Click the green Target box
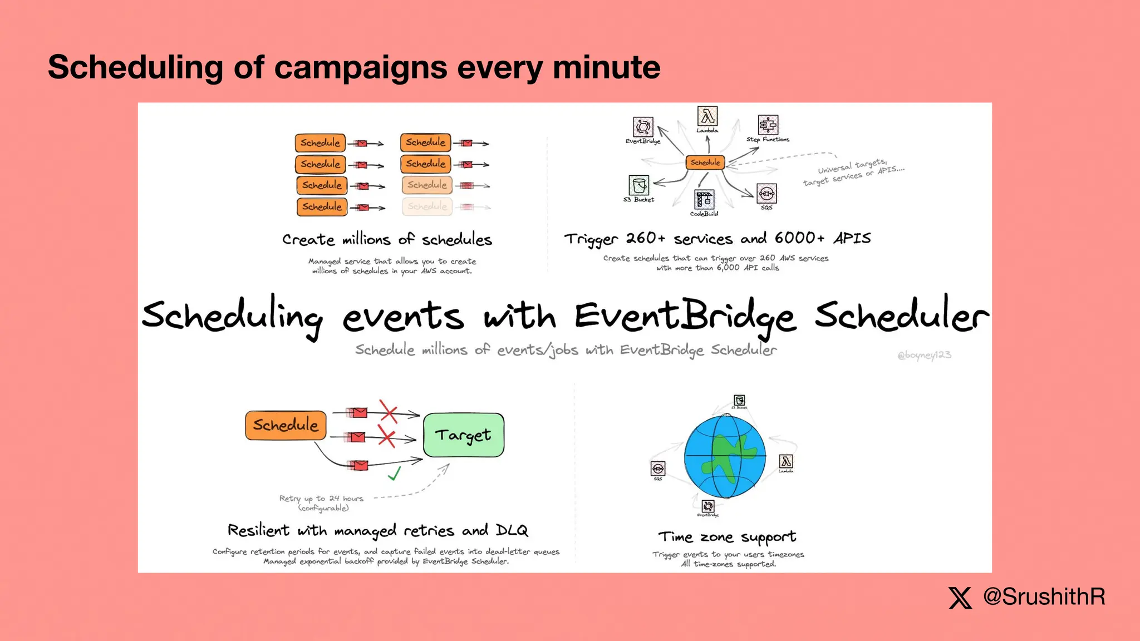tap(464, 435)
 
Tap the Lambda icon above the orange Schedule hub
tap(707, 117)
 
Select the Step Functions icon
tap(768, 125)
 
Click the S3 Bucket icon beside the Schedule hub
tap(638, 185)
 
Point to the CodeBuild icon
tap(704, 199)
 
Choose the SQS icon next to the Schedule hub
tap(766, 194)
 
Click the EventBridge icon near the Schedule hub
tap(643, 127)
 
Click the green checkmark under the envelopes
tap(394, 474)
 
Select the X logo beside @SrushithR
tap(960, 598)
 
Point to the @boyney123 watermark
tap(924, 355)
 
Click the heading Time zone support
tap(727, 537)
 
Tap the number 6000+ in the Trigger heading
tap(799, 238)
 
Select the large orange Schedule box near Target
tap(286, 425)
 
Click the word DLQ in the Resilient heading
tap(512, 530)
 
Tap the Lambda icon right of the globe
tap(785, 461)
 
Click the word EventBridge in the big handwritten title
tap(685, 317)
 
